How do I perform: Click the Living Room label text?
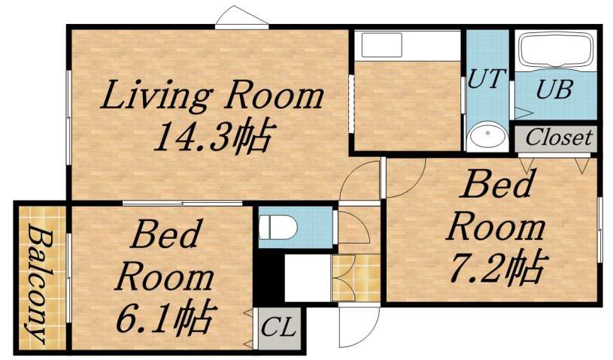(212, 97)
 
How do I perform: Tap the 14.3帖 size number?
(211, 137)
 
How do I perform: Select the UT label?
(488, 80)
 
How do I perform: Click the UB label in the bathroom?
(554, 90)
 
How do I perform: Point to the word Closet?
(558, 138)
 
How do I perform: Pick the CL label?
(279, 329)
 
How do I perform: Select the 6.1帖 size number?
(165, 319)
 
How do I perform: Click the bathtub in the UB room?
(555, 51)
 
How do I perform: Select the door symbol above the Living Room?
(241, 19)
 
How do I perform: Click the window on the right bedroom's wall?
(600, 230)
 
